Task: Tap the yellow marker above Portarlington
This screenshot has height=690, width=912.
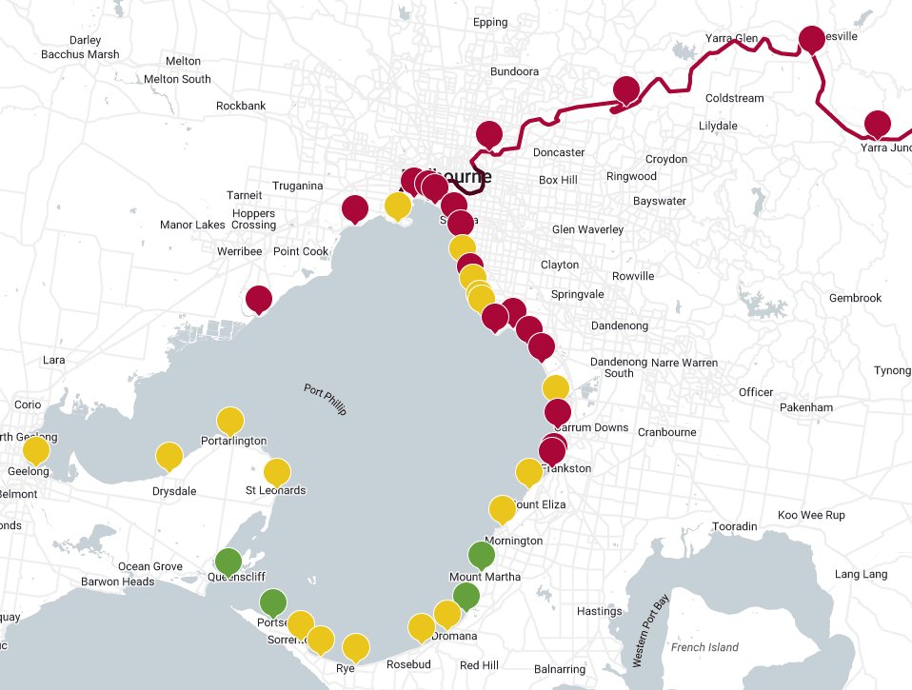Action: point(230,422)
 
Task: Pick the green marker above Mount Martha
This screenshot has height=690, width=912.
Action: point(483,555)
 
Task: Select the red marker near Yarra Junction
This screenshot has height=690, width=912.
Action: point(877,125)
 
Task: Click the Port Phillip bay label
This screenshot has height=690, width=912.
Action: point(326,400)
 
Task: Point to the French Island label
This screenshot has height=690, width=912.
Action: point(704,647)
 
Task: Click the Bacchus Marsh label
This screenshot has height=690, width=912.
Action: point(80,54)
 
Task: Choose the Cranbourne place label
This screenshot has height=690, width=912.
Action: point(667,432)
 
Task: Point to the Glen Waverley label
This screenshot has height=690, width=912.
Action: point(587,229)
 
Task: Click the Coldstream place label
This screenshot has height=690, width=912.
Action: point(734,98)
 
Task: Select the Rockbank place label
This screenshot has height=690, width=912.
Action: point(241,106)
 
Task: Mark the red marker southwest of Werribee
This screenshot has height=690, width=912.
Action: point(258,300)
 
